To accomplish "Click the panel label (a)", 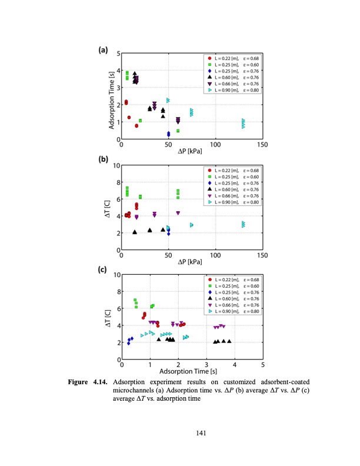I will tap(102, 51).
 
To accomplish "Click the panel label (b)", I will tap(102, 159).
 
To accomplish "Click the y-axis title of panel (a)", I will tap(112, 95).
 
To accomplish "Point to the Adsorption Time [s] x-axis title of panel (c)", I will tap(191, 372).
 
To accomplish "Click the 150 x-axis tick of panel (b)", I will tap(262, 256).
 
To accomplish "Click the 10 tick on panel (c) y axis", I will tap(116, 275).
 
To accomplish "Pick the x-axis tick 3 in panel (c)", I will tap(206, 364).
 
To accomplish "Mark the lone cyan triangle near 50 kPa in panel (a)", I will tap(168, 100).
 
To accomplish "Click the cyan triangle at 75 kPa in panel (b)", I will tap(191, 225).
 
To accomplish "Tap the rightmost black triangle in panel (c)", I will tap(229, 341).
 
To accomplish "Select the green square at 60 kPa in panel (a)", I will tap(178, 131).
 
